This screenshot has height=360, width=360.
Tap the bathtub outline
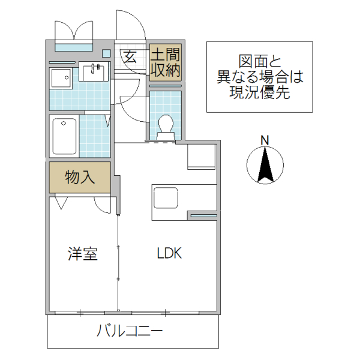coord(64,136)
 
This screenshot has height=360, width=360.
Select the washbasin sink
coord(93,72)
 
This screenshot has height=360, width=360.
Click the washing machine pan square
coord(60,78)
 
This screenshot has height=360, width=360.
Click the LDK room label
coord(169,254)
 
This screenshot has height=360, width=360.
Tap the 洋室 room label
coord(82,254)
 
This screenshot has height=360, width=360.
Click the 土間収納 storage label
coord(165,62)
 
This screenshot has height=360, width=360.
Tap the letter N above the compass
coord(265,140)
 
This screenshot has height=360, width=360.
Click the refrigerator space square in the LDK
coord(202,157)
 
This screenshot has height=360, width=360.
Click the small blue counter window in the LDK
coord(203,215)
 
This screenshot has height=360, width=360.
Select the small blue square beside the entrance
coord(106,52)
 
